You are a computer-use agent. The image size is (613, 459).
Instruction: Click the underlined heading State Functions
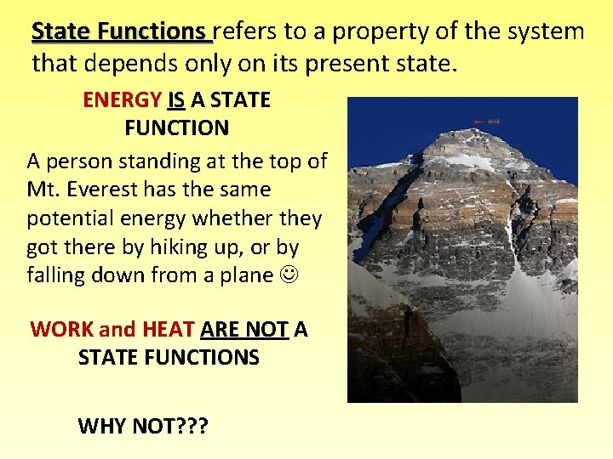tap(120, 31)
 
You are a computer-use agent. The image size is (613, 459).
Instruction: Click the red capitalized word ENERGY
tap(122, 100)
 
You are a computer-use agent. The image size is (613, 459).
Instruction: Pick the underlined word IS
tap(177, 100)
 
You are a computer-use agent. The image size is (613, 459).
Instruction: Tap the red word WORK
tap(62, 329)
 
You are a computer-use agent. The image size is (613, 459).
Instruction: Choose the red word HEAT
tap(169, 329)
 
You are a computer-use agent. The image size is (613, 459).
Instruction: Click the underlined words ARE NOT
tap(244, 329)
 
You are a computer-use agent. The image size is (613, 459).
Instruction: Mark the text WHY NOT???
tap(142, 424)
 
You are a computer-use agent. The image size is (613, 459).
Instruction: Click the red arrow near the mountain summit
tap(479, 122)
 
